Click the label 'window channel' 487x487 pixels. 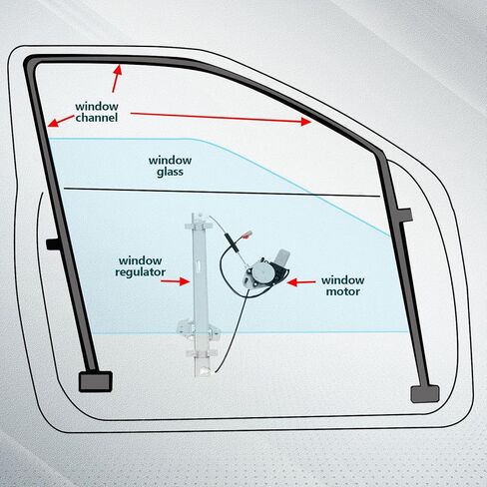[97, 112]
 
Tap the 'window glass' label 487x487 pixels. [170, 166]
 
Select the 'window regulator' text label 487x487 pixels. [141, 266]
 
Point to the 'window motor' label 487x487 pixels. [343, 285]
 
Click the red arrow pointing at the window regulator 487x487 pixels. [175, 281]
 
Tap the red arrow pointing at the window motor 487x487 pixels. [301, 282]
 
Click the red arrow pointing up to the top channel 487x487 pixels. [116, 79]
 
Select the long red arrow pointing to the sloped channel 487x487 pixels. [221, 117]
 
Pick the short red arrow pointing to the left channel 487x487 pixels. [61, 121]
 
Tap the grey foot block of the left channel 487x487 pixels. [96, 381]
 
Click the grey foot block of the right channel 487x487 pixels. [425, 394]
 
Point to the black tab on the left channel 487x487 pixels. [53, 244]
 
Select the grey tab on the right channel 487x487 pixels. [405, 215]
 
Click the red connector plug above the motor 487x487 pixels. [246, 235]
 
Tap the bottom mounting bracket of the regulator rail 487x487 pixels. [199, 329]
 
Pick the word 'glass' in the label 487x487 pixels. [170, 172]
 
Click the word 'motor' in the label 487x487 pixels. [343, 291]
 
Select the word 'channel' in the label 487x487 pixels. [97, 118]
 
